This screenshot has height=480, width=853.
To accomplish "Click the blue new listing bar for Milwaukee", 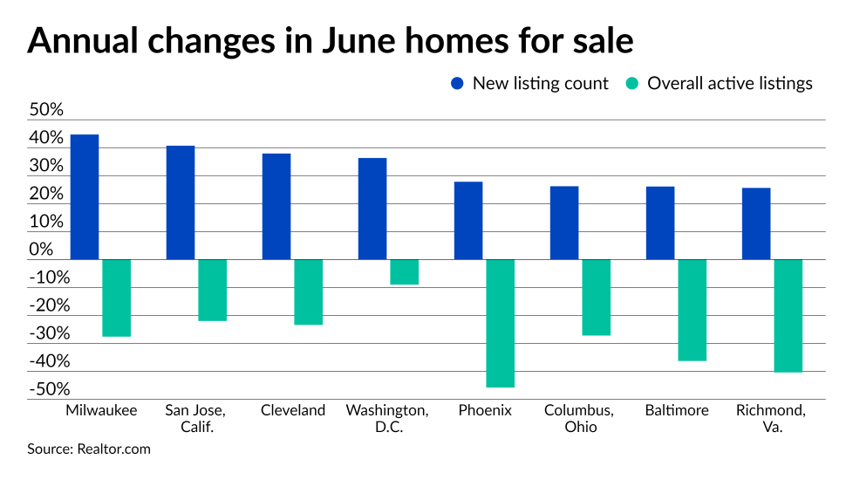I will pos(84,197).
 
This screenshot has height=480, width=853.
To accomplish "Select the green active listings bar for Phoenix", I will pos(500,323).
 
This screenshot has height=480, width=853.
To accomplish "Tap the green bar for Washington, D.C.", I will pos(404,271).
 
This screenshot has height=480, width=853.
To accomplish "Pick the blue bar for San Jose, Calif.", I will pos(180,202).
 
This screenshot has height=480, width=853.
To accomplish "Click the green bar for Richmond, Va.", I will pos(788,315).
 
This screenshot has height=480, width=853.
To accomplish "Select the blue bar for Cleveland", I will pos(276,207).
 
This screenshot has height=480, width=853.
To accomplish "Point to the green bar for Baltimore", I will pos(692,310).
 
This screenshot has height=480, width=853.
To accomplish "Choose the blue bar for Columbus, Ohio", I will pos(563,223).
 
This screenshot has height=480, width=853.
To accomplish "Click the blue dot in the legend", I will pos(458,84).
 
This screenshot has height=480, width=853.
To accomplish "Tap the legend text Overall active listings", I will pos(729,84).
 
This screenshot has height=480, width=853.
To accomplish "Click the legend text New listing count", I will pos(540,84).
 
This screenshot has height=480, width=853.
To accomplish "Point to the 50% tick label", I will pos(46,111).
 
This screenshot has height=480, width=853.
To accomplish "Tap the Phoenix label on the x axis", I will pos(484,410).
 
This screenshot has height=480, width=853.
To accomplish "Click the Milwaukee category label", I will pos(101,410).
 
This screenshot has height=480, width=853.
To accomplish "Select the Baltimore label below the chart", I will pos(677,410).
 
